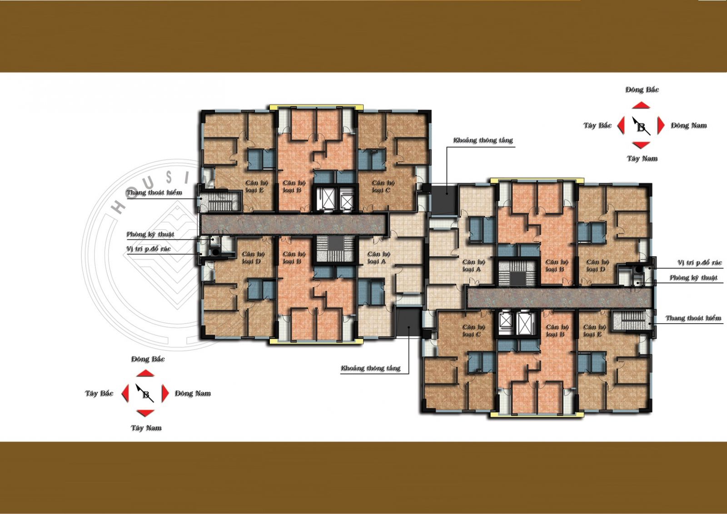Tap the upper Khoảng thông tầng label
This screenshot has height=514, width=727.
(483, 140)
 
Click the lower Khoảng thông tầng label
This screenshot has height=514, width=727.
(370, 368)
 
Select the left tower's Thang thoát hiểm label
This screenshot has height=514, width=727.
(154, 192)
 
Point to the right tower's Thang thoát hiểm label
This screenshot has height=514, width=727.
(693, 318)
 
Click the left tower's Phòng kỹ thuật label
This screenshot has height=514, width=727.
(150, 234)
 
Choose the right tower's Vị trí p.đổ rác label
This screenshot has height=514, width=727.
(699, 262)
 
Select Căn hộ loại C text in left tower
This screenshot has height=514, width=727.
(383, 186)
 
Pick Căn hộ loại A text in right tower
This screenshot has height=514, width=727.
(473, 265)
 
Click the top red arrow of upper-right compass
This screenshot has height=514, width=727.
(641, 105)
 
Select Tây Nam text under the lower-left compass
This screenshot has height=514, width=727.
(146, 428)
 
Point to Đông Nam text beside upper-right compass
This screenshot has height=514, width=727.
(689, 125)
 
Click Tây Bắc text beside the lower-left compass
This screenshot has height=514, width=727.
(99, 393)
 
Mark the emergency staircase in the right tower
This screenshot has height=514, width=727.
(632, 320)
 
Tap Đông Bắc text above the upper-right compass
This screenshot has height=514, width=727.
(642, 90)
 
